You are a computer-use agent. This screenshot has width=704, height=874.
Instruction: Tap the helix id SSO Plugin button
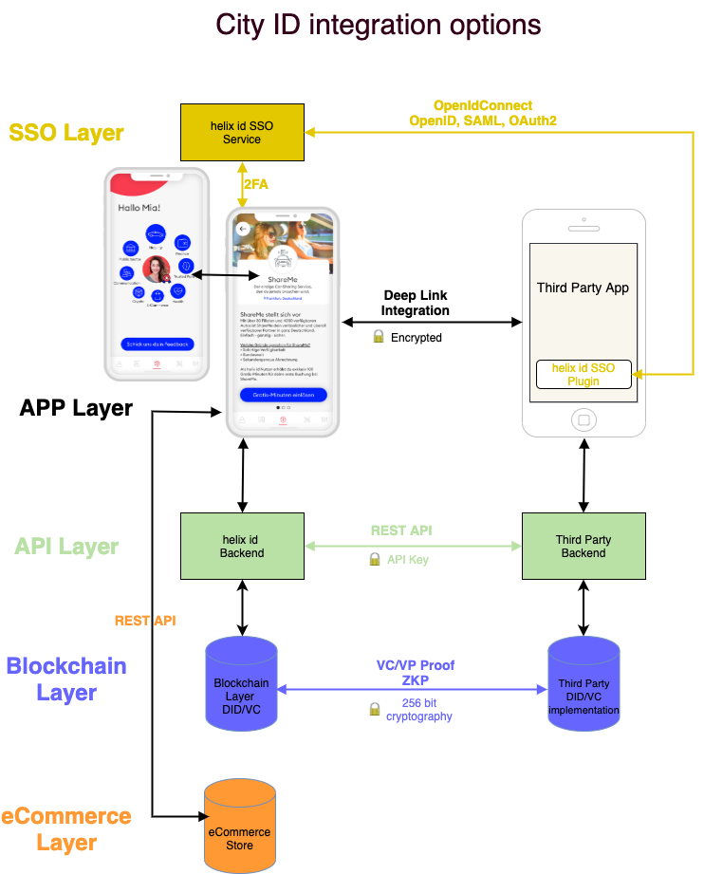click(583, 374)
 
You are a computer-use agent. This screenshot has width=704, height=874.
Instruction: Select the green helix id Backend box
click(242, 547)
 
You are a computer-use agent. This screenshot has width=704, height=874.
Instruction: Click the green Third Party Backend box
click(584, 547)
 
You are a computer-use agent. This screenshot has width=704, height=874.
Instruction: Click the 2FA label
click(256, 185)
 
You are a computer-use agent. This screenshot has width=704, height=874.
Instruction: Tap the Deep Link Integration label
click(416, 303)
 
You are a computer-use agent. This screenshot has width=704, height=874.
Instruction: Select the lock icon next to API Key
click(375, 560)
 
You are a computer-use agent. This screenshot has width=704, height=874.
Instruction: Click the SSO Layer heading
click(66, 133)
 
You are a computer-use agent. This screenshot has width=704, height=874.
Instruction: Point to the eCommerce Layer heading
click(66, 828)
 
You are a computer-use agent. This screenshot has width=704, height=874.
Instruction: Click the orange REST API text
click(145, 621)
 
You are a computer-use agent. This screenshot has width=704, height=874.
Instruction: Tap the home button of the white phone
click(584, 419)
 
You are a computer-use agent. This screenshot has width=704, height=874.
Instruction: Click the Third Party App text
click(583, 288)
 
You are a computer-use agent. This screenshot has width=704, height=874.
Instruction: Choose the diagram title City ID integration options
click(379, 25)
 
